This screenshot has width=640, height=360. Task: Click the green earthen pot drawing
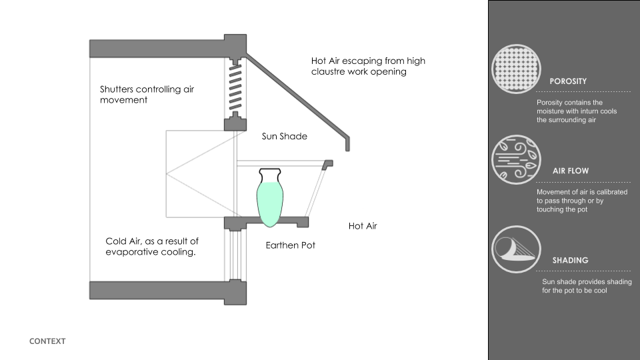[x=270, y=198]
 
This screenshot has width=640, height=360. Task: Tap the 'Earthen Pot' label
[x=290, y=245]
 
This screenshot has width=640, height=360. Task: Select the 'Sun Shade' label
[x=285, y=136]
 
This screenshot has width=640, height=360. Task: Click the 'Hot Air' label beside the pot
[x=363, y=226]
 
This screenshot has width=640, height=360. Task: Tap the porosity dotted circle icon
[x=516, y=69]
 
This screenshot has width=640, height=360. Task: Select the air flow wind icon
[x=516, y=159]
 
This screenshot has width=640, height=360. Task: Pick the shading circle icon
[x=516, y=249]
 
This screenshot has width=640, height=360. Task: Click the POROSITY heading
[x=568, y=81]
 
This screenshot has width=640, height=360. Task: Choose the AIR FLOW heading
[x=571, y=171]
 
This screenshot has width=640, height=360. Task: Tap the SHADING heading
[x=570, y=261]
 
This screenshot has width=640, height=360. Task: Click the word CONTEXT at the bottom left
[x=47, y=341]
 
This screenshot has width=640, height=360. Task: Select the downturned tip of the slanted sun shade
[x=348, y=145]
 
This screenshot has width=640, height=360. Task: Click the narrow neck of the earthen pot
[x=270, y=176]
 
